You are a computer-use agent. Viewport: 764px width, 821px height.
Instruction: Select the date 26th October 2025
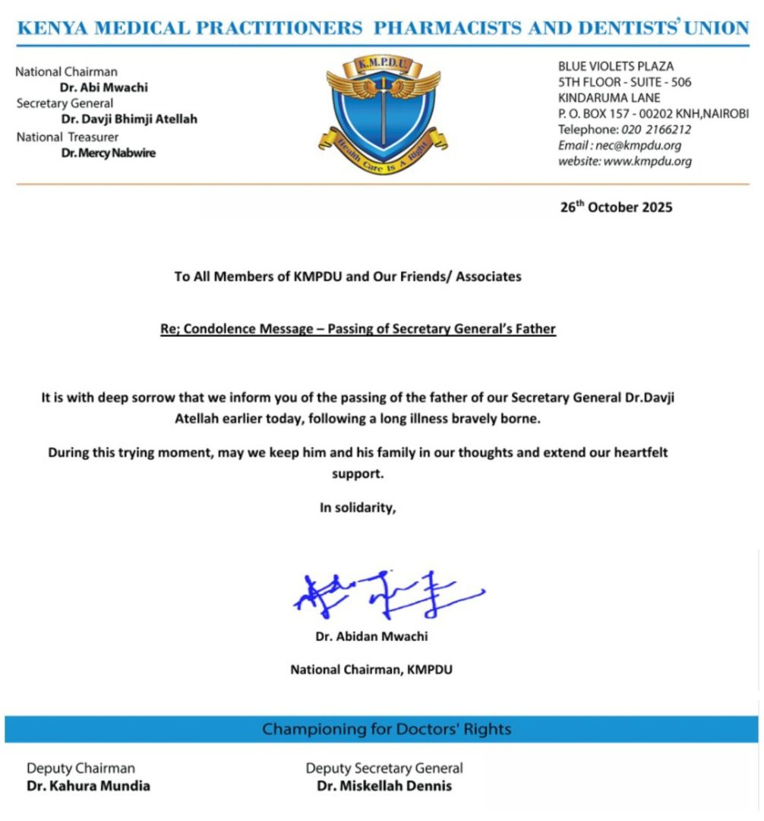(616, 207)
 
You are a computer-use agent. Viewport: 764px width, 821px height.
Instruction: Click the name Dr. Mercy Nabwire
(108, 153)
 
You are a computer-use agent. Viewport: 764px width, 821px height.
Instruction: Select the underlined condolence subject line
(358, 329)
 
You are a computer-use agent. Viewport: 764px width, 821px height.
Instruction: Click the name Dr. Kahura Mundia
(88, 786)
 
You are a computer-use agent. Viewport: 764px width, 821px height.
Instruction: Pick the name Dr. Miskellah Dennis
(384, 786)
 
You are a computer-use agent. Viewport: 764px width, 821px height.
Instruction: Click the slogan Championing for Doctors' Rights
(387, 729)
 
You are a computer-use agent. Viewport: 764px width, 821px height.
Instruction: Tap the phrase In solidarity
(358, 509)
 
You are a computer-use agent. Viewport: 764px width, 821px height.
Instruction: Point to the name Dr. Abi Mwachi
(104, 87)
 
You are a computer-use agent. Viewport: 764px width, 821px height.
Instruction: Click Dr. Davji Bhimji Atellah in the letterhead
(129, 119)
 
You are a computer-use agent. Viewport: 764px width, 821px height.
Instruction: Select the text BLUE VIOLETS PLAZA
(616, 66)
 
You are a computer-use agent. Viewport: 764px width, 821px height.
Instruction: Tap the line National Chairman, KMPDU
(371, 670)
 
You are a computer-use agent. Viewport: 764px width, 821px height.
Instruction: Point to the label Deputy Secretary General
(384, 769)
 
